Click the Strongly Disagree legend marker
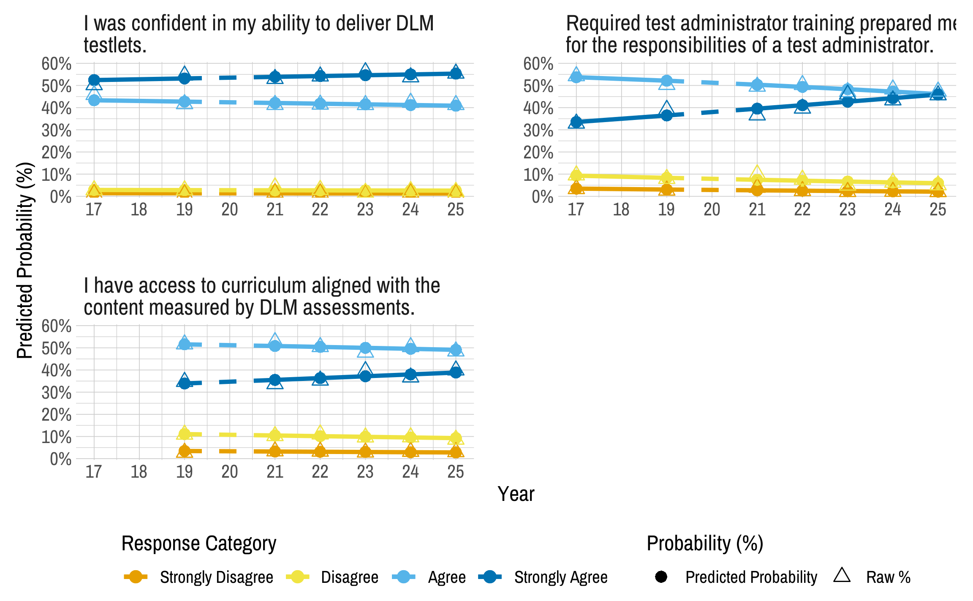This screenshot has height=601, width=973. [x=136, y=577]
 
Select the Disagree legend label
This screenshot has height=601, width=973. [x=349, y=577]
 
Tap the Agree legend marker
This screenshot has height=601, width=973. [x=404, y=577]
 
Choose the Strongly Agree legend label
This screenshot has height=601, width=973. [x=560, y=577]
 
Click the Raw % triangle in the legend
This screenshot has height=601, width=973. [x=842, y=576]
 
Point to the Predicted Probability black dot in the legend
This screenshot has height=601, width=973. [x=661, y=577]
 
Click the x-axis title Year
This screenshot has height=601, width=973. [x=516, y=494]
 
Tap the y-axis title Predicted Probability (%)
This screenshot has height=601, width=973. [x=25, y=260]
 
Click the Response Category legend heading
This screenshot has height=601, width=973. [x=198, y=544]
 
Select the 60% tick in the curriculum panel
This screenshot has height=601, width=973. [x=56, y=326]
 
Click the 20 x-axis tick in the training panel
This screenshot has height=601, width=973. [x=712, y=210]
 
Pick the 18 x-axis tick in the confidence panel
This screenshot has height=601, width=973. [x=139, y=210]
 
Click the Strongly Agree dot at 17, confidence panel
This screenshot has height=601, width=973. [x=94, y=80]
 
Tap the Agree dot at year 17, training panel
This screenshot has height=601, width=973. [x=576, y=77]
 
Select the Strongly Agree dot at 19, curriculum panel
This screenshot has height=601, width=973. [x=184, y=383]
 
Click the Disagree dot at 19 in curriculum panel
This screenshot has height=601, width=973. [x=184, y=434]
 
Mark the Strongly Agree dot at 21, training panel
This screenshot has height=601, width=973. [x=757, y=109]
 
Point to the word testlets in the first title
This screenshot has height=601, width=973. [x=114, y=46]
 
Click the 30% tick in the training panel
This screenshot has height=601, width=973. [x=538, y=131]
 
